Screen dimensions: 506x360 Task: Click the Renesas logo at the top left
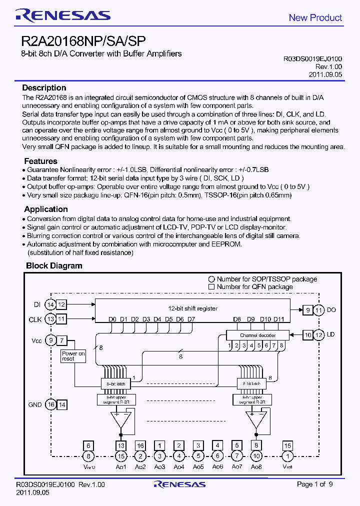click(62, 15)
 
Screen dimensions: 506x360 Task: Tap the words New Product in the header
click(315, 17)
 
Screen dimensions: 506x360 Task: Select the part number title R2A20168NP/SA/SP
click(83, 41)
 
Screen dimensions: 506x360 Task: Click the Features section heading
click(40, 161)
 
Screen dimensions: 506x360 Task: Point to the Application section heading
click(45, 209)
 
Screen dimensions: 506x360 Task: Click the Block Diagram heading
click(54, 265)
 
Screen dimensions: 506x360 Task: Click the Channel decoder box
click(257, 334)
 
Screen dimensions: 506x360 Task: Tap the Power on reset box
click(73, 356)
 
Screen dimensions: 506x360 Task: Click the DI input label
click(36, 304)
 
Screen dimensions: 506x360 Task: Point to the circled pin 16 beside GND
click(50, 404)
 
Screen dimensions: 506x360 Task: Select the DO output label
click(331, 310)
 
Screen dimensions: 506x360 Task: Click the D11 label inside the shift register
click(279, 319)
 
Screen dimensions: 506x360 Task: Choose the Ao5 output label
click(198, 466)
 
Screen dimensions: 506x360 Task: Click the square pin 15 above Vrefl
click(287, 445)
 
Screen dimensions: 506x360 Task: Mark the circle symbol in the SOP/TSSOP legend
click(211, 279)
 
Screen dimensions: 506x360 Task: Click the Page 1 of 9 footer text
click(314, 484)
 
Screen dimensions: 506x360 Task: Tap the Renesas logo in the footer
click(179, 484)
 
